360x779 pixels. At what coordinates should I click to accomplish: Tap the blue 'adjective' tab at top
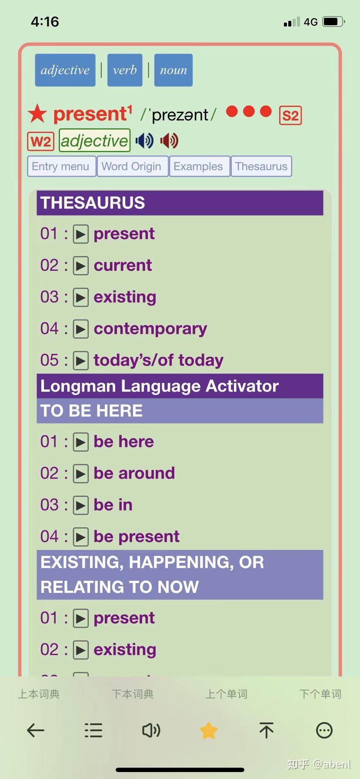coord(65,70)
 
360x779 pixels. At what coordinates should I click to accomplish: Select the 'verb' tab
coord(125,70)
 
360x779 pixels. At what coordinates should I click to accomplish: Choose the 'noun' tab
coord(173,70)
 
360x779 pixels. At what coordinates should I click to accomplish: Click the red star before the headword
coord(37,114)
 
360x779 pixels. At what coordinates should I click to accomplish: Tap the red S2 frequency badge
coord(290,116)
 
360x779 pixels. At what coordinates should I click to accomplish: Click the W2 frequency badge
coord(41,141)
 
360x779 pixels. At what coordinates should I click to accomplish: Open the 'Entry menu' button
coord(61,166)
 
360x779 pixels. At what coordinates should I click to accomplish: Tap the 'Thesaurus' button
coord(261,166)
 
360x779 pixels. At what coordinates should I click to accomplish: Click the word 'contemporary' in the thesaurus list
coord(150,329)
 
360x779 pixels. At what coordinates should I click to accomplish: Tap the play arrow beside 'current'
coord(81,266)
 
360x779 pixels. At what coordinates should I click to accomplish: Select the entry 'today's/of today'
coord(159,360)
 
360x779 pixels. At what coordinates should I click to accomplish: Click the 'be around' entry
coord(134,473)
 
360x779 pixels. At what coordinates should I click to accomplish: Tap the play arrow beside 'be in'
coord(81,505)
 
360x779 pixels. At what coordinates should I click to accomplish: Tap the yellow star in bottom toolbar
coord(209,730)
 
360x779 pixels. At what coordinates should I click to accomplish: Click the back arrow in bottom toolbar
coord(36,730)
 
